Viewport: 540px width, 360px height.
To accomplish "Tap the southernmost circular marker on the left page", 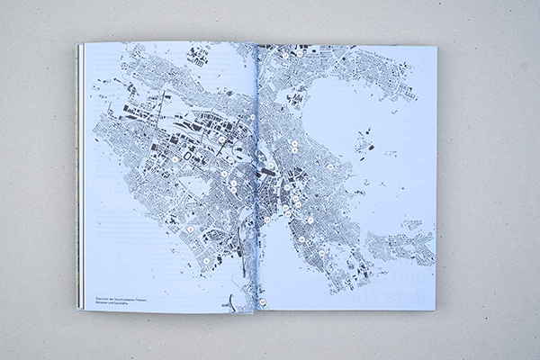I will [x=204, y=261].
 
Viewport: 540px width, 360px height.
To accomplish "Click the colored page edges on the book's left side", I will [x=78, y=180].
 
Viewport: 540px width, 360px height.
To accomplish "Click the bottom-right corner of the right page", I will [x=436, y=310].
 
